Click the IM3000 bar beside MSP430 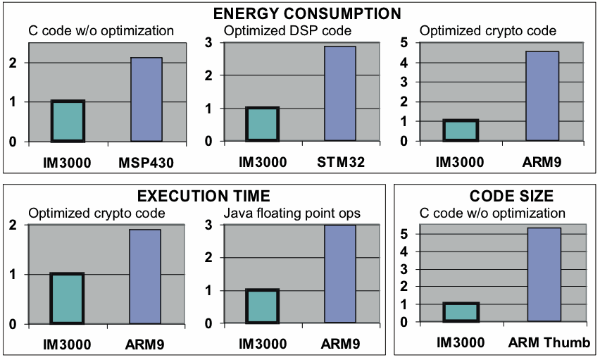(x=68, y=121)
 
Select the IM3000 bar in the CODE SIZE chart (x=461, y=312)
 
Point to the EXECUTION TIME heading (x=194, y=196)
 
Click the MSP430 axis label (x=146, y=163)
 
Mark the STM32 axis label (x=341, y=163)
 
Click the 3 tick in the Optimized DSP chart (x=208, y=42)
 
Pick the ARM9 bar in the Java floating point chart (x=340, y=274)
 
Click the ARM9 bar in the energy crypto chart (x=543, y=97)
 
